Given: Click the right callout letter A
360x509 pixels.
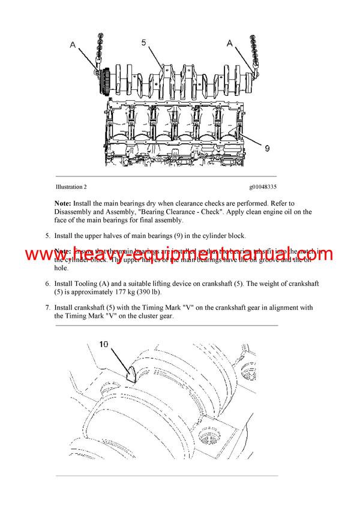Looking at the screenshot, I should (229, 43).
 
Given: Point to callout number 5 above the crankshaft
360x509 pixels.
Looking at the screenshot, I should (144, 43).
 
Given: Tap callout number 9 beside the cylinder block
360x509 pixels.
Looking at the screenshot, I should (266, 146).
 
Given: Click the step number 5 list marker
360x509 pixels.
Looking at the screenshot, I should (47, 236).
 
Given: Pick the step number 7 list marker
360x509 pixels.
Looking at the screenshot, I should (47, 308).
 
